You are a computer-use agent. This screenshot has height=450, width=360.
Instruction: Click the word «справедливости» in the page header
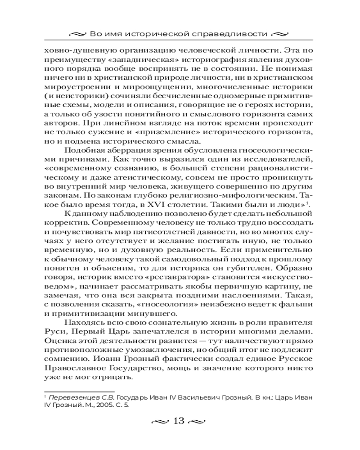coord(237,34)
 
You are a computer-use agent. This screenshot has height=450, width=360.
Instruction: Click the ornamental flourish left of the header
coord(79,34)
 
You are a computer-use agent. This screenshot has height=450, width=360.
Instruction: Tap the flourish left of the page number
coord(162,421)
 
